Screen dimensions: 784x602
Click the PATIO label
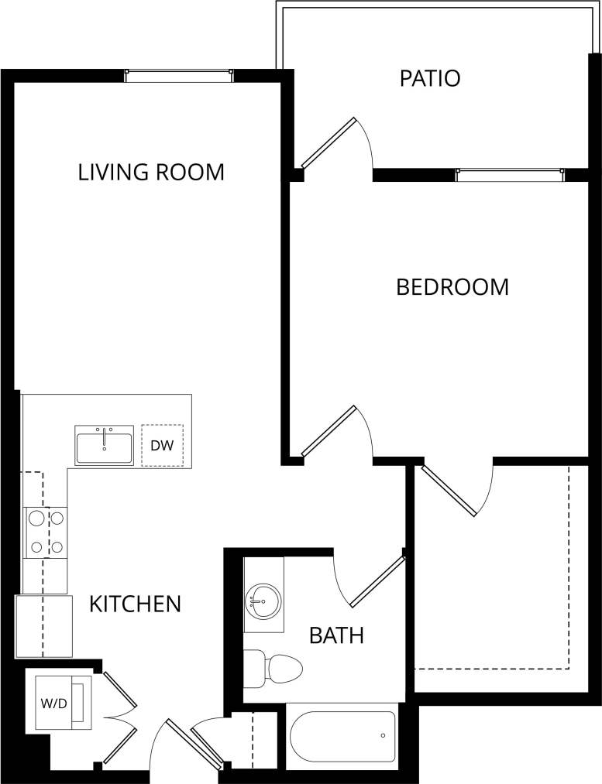click(430, 78)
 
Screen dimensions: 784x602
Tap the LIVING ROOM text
click(151, 172)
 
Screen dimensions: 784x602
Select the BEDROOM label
click(452, 287)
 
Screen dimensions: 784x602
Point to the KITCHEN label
click(135, 604)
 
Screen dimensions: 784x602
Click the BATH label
click(336, 636)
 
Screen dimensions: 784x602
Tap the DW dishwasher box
click(162, 445)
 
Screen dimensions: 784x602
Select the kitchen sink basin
click(104, 445)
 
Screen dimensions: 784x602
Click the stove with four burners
click(46, 532)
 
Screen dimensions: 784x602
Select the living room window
click(179, 75)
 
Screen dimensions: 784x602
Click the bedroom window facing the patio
click(510, 175)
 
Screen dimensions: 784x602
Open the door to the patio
click(329, 142)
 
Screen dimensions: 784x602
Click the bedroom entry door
click(329, 431)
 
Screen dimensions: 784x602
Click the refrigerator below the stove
click(43, 625)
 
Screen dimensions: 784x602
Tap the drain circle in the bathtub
click(383, 735)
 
